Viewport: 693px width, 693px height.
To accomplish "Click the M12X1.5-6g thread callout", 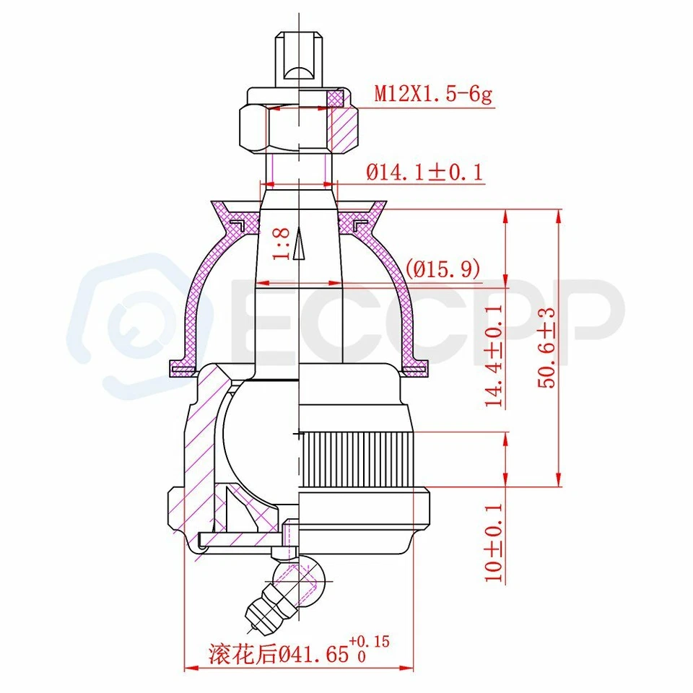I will [432, 94].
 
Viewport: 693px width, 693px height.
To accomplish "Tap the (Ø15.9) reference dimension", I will [443, 269].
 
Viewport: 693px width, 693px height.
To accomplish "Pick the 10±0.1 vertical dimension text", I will [495, 543].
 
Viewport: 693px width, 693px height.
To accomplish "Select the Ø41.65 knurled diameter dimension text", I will [284, 654].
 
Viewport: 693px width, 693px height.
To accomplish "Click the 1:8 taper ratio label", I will [282, 243].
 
